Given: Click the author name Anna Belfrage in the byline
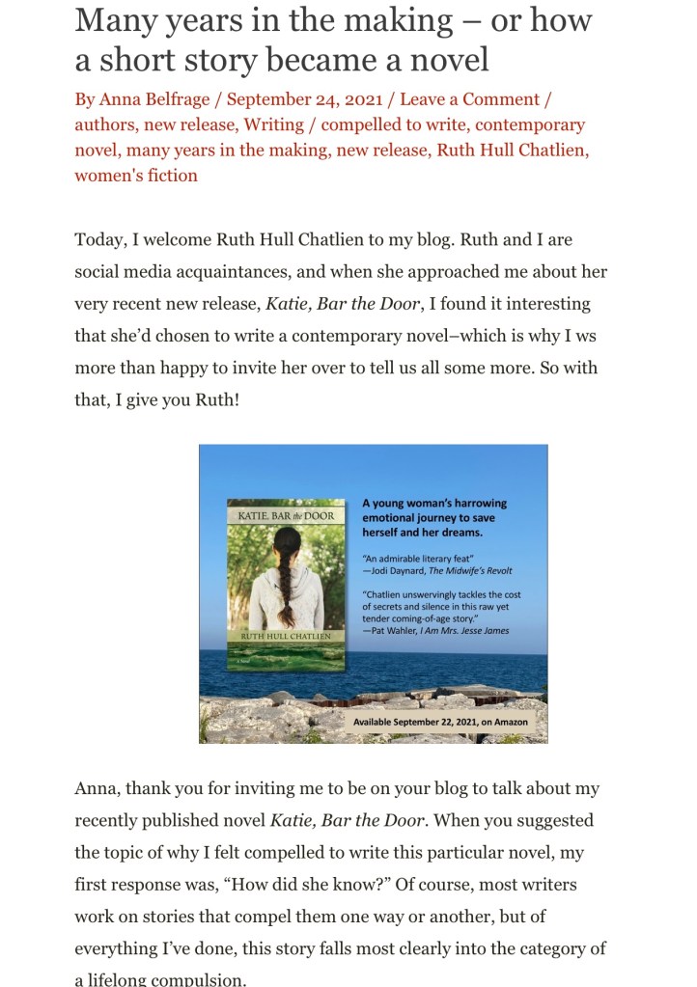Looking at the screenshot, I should [158, 99].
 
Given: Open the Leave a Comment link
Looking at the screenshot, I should [469, 99].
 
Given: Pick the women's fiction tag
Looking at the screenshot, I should [136, 175].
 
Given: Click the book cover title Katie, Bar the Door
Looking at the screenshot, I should [286, 516].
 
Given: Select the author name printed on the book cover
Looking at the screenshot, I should [286, 637].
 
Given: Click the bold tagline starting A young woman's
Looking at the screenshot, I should [433, 517].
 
